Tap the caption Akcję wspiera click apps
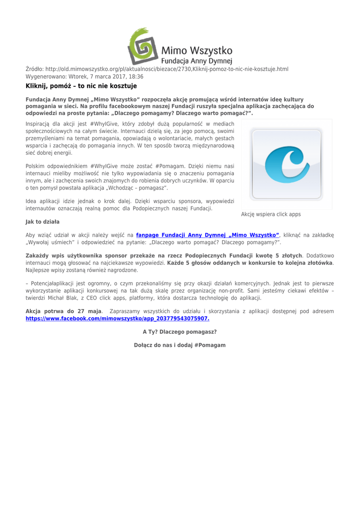click(271, 214)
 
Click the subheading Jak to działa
click(42, 221)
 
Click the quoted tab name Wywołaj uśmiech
click(49, 243)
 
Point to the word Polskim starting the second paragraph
click(36, 165)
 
